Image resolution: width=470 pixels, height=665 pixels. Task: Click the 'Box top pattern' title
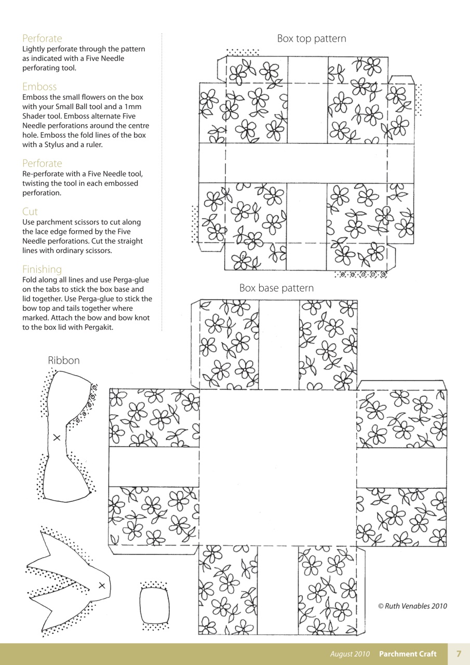311,38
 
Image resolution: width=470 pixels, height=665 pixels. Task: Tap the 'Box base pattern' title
276,288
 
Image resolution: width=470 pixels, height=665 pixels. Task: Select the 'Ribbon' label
64,360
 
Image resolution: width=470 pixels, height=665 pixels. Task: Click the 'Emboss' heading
39,86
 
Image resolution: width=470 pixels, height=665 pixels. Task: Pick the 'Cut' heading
30,211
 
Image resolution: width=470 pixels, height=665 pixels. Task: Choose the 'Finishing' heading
42,269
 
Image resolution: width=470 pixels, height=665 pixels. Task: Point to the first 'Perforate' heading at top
42,38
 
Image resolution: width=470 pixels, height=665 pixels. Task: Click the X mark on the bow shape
57,438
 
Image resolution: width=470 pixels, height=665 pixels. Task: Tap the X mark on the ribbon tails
102,586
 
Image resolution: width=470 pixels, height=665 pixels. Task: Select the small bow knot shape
154,606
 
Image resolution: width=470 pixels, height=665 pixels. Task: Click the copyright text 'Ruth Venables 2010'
412,606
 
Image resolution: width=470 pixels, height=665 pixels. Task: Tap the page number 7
459,654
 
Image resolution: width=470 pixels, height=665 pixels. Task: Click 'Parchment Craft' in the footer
408,654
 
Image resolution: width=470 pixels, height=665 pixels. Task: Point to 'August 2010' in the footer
350,654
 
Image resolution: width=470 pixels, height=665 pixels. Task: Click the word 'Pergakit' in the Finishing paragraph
96,327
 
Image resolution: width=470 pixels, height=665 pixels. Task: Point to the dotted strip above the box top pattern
243,52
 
